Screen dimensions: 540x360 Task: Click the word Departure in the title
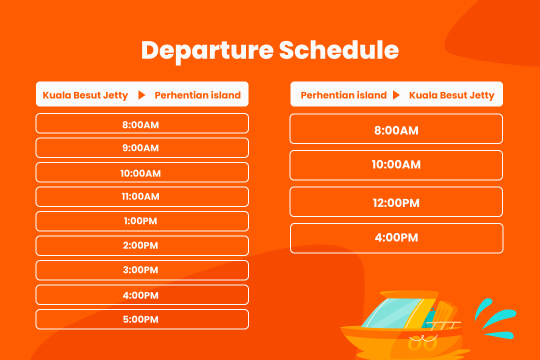[x=207, y=51]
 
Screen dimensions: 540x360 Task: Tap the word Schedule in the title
[x=339, y=50]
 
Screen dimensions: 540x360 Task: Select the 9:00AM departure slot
[x=142, y=148]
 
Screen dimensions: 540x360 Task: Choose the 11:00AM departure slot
[x=142, y=196]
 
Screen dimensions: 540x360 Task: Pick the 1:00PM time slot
[x=142, y=221]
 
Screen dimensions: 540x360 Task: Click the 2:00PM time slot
[x=142, y=245]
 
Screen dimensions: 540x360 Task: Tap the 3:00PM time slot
[x=142, y=270]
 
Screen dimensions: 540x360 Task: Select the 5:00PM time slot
[x=142, y=319]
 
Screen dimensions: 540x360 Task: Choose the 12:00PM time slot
[x=396, y=202]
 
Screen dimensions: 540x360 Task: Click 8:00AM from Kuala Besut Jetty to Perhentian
[x=142, y=123]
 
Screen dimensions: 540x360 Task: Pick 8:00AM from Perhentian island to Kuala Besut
[x=396, y=129]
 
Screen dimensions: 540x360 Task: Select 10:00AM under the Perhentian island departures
[x=396, y=165]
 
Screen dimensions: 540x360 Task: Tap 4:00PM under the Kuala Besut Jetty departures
[x=142, y=295]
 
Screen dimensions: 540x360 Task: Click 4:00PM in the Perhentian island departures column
[x=396, y=238]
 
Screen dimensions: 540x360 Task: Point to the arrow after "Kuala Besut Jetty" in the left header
[x=141, y=95]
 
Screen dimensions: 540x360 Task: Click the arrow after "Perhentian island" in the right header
[x=396, y=95]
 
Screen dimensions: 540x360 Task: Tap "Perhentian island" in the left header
[x=197, y=95]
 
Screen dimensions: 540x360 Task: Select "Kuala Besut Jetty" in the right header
[x=452, y=95]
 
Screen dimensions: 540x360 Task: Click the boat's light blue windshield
[x=392, y=313]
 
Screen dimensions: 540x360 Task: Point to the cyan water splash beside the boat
[x=496, y=318]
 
